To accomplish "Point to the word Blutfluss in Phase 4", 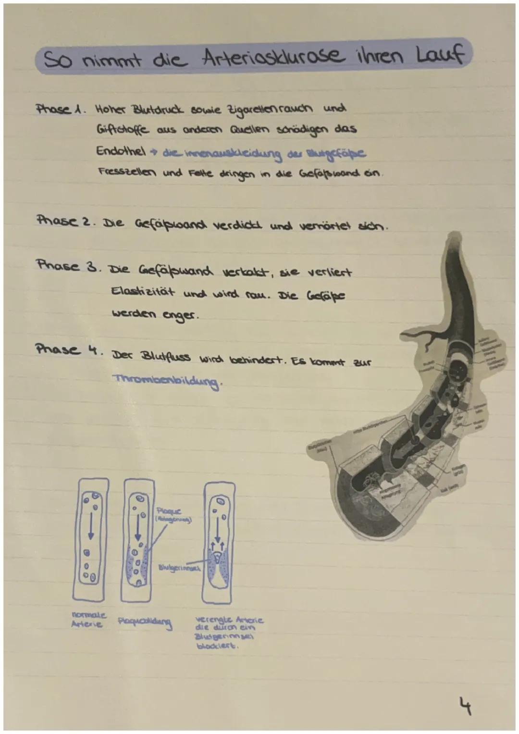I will tap(166, 357).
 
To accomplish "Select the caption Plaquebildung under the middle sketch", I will tap(145, 623).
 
